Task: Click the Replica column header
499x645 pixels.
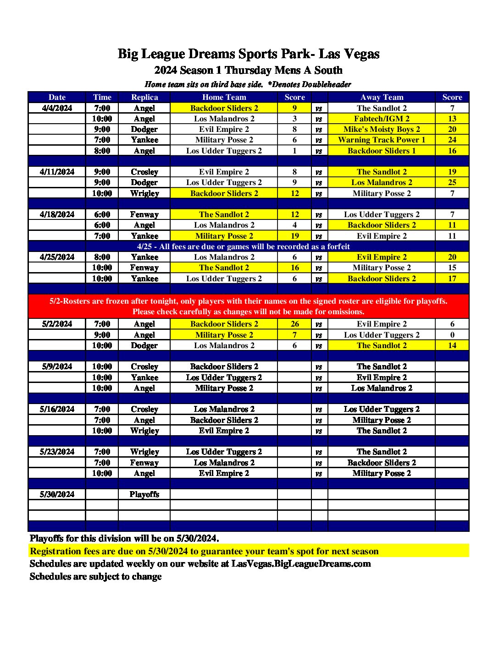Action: pos(144,97)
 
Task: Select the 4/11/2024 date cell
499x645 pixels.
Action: pos(57,172)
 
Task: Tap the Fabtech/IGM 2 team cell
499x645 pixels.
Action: pos(382,119)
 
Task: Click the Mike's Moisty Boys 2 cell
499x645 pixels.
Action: pos(382,129)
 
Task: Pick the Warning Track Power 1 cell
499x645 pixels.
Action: pos(382,140)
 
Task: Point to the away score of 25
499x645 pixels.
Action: pos(452,182)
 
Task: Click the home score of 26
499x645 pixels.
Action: pos(294,324)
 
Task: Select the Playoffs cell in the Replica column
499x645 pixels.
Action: pos(144,494)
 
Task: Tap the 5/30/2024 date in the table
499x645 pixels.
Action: pos(57,494)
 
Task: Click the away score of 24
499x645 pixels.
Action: pos(452,140)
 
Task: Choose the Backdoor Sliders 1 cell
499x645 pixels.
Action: pos(382,151)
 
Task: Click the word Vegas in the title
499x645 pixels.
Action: pos(362,54)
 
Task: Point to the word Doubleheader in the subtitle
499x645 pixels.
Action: pos(329,84)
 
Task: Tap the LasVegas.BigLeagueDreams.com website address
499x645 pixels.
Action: pos(301,563)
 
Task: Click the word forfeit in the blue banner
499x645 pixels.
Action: pos(338,246)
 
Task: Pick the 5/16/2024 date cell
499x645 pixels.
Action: pos(57,409)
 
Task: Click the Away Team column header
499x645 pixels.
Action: pos(382,97)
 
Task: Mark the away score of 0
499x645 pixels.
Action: pos(452,335)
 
